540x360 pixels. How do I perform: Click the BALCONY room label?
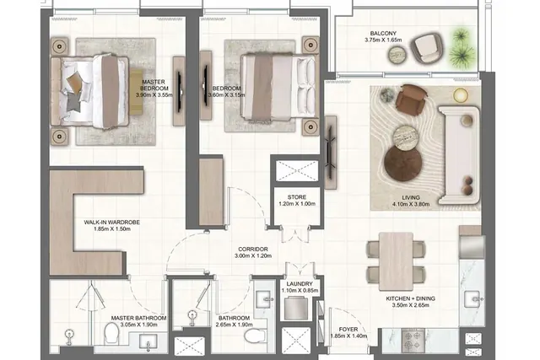point(383,34)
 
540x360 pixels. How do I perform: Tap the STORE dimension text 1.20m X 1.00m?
point(297,204)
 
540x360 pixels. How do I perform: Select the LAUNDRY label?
point(300,284)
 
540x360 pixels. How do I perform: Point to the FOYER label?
point(348,330)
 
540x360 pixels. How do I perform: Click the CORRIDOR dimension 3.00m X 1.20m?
point(253,255)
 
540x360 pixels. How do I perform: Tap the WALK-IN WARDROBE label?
point(112,223)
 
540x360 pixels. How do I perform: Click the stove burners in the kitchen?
point(413,341)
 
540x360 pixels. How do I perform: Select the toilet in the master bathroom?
point(111,332)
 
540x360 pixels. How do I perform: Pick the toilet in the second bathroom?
point(255,336)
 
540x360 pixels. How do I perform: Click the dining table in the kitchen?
point(396,261)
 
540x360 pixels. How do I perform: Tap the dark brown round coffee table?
point(403,163)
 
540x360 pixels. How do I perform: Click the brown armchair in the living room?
point(411,99)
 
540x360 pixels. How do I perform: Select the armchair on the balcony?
point(427,47)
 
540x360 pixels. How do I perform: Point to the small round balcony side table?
point(398,55)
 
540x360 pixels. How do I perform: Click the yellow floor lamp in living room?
point(461,95)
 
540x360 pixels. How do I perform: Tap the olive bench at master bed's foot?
point(136,92)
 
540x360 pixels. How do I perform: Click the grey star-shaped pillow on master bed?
point(73,101)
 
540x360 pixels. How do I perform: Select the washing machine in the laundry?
point(296,309)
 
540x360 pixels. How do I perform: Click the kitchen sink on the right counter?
point(472,298)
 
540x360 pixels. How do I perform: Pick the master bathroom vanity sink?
point(148,341)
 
